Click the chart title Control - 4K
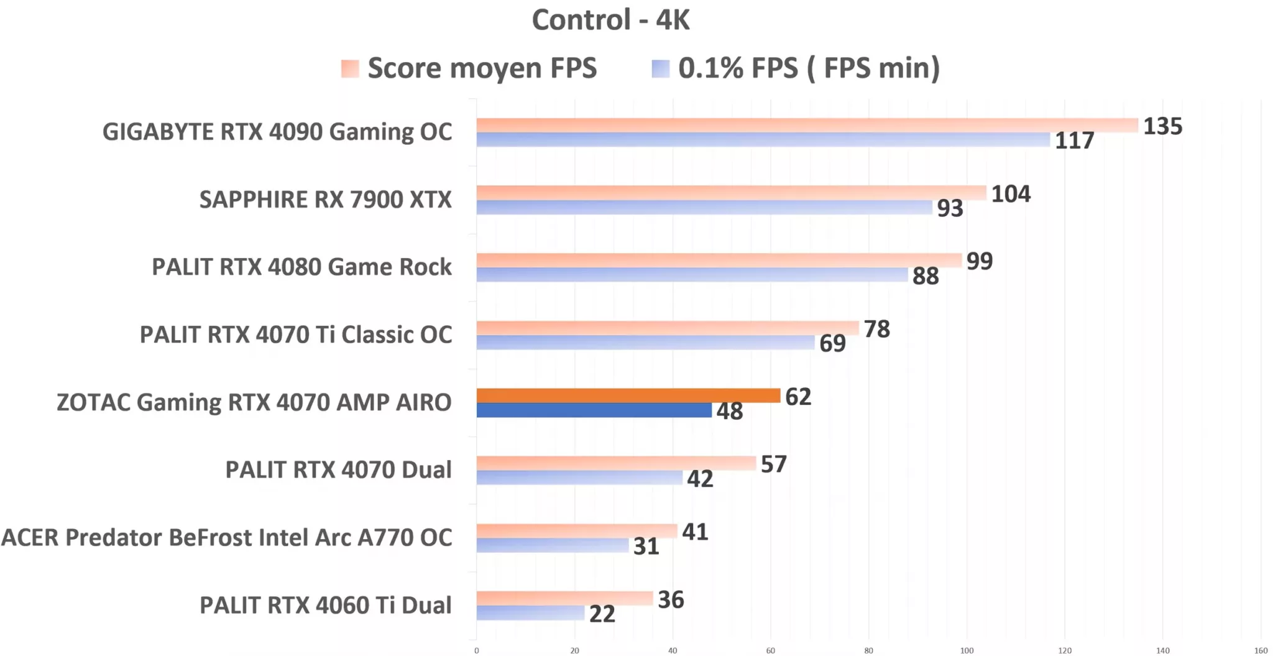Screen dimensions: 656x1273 (x=610, y=20)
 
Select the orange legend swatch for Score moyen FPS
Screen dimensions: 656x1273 (x=350, y=68)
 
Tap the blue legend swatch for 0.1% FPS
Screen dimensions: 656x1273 (x=660, y=68)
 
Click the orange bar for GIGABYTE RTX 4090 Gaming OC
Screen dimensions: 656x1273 (x=807, y=125)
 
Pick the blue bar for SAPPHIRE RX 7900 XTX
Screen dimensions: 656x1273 (x=704, y=208)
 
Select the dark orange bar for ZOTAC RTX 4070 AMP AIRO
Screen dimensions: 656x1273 (x=628, y=395)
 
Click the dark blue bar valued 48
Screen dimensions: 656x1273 (x=594, y=410)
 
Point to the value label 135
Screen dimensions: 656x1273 (x=1162, y=126)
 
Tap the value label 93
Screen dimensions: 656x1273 (x=950, y=208)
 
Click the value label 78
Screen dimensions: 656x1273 (x=876, y=329)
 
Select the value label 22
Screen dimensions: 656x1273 (x=602, y=614)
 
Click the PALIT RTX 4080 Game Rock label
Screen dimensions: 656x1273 (x=301, y=267)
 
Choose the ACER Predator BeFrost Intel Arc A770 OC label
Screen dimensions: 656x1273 (x=226, y=538)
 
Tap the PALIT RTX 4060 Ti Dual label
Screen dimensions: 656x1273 (x=325, y=605)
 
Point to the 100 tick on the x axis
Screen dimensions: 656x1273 (x=967, y=650)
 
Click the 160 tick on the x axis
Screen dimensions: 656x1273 (x=1261, y=650)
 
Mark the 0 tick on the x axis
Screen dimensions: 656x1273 (x=477, y=650)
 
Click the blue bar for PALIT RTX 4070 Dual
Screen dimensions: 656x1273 (x=579, y=478)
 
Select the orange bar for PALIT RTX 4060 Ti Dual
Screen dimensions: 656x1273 (x=564, y=598)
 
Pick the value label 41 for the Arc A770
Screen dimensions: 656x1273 (x=694, y=532)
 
